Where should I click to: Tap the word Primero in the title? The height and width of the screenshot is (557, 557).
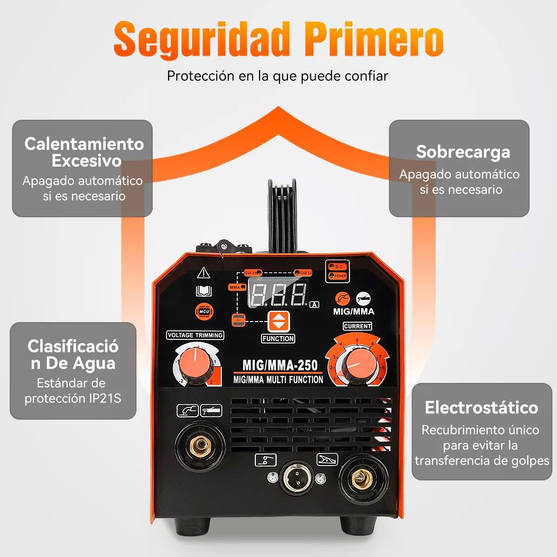click(374, 39)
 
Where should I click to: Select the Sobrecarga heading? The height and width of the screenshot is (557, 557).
click(463, 152)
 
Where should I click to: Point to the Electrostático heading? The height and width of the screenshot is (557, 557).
click(481, 407)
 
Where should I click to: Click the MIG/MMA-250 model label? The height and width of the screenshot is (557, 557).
click(280, 366)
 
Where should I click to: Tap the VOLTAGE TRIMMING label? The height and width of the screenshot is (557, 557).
click(195, 335)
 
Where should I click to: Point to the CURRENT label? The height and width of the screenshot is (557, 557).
click(357, 326)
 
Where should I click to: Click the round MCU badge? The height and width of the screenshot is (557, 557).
click(204, 311)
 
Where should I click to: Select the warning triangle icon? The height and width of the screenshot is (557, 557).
click(203, 273)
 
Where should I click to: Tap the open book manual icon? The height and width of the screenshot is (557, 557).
click(204, 291)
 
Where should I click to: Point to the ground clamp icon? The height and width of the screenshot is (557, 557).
click(327, 460)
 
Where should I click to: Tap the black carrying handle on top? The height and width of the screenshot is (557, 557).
click(282, 214)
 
